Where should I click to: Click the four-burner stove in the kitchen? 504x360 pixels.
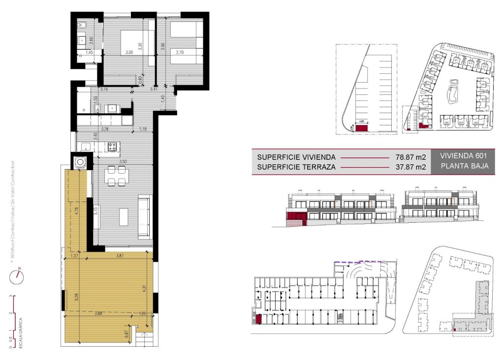(113, 146)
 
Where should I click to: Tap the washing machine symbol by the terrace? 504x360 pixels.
(79, 161)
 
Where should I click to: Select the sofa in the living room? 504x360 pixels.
(144, 216)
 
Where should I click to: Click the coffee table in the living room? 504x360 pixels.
(124, 217)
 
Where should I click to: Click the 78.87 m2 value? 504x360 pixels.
(410, 157)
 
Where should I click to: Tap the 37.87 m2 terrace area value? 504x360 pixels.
(410, 167)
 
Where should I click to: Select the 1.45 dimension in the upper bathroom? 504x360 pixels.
(90, 52)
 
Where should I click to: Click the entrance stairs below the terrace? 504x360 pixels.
(145, 339)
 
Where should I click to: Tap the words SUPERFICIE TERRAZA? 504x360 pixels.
(296, 167)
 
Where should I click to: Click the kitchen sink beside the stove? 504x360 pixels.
(86, 146)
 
